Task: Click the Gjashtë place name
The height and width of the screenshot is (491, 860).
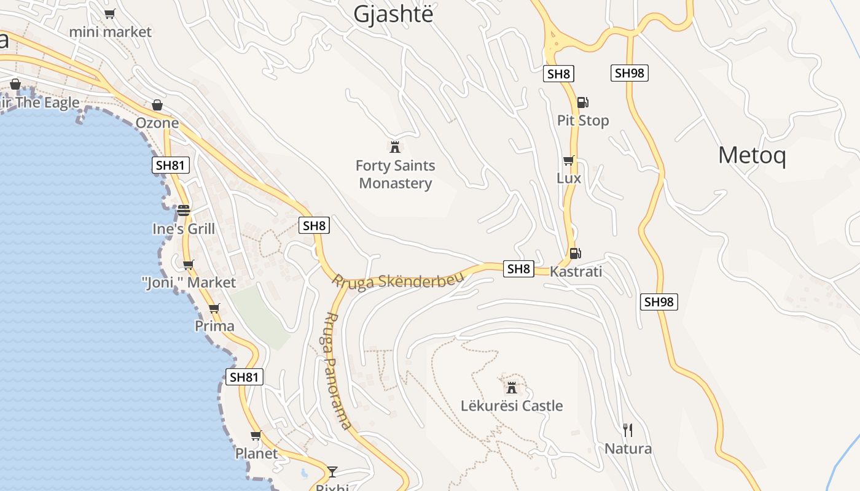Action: (393, 14)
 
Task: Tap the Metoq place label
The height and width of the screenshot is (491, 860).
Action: (752, 155)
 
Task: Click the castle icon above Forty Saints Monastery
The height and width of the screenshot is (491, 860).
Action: (395, 147)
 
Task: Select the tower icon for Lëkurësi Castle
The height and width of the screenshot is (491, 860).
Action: (511, 387)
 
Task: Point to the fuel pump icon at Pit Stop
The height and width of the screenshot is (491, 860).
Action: (582, 102)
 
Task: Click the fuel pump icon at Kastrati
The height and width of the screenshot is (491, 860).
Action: (575, 253)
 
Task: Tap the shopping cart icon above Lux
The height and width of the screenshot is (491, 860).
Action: (569, 160)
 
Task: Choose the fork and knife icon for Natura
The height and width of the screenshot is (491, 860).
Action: (628, 430)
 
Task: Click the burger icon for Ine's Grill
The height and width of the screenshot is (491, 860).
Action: (184, 211)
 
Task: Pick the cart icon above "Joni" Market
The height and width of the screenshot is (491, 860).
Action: (189, 265)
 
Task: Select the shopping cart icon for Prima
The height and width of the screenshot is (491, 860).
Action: (214, 308)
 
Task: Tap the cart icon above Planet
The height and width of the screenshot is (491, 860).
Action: (256, 436)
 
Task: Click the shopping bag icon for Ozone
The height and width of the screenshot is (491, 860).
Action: (157, 105)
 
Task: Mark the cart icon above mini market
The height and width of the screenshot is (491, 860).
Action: (110, 14)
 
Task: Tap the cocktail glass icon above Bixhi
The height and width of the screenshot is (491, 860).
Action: (332, 471)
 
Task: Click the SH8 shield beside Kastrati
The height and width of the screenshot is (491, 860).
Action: (518, 269)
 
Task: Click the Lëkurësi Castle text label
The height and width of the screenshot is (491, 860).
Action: (512, 406)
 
